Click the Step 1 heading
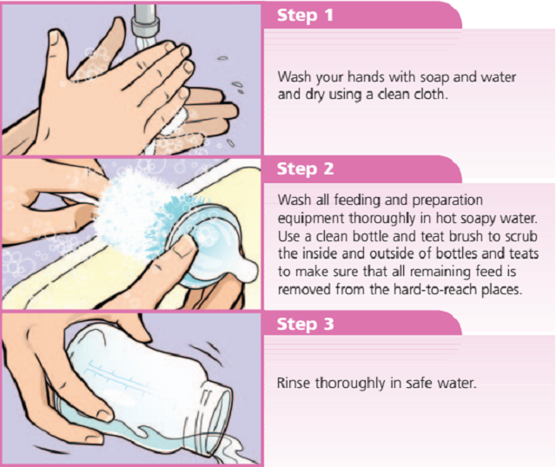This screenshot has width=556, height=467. pos(305,16)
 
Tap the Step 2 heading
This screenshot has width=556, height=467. pos(305,169)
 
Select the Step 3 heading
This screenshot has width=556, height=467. pos(305,324)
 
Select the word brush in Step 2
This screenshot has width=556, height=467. pos(467,236)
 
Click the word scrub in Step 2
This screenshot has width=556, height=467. pos(521,236)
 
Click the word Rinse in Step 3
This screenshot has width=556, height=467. pos(294,383)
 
